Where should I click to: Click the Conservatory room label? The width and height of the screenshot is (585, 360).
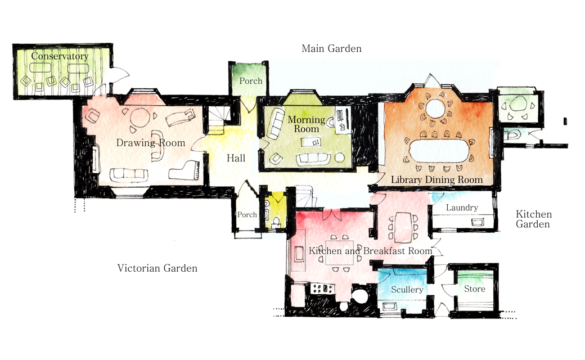coord(60,56)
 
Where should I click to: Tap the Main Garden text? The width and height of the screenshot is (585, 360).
coord(331,49)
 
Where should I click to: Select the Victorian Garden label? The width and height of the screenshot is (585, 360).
coord(157,268)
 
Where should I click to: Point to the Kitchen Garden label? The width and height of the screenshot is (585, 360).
coord(534,219)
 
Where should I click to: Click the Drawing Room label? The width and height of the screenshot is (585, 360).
coord(150,143)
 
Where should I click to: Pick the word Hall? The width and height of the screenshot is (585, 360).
coord(236,159)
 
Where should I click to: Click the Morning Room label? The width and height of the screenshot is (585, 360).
coord(306,124)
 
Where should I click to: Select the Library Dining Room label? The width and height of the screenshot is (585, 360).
coord(437,179)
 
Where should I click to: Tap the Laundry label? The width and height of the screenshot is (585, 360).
coord(461,208)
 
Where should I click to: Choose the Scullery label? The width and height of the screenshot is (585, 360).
coord(407,290)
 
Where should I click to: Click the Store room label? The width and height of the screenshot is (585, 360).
coord(474,289)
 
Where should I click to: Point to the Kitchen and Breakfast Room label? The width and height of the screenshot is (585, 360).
coord(370,251)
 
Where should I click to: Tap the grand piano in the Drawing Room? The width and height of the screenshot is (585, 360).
coord(186,168)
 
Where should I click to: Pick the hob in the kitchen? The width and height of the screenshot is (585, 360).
coord(322,289)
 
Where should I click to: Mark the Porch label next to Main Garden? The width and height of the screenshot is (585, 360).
coord(250,81)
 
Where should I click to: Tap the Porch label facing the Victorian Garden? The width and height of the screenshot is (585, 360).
coord(247,215)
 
